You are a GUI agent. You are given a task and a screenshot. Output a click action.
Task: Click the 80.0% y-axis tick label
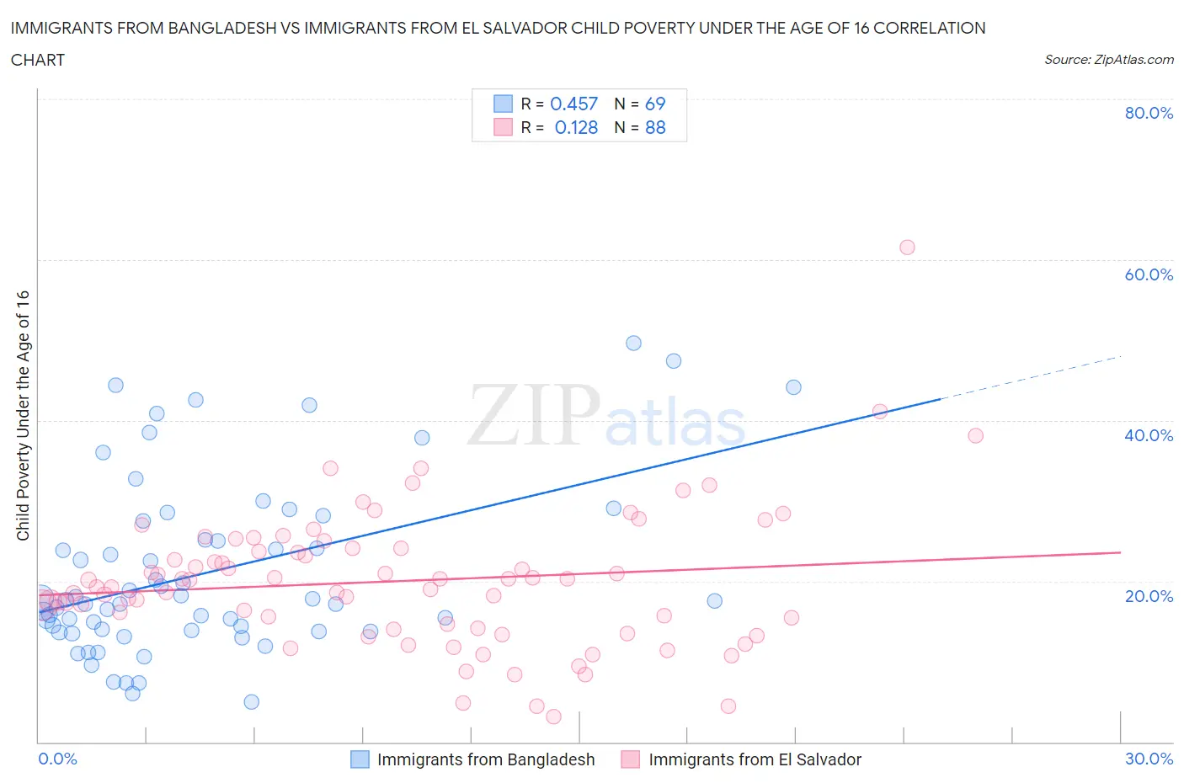[x=1148, y=113]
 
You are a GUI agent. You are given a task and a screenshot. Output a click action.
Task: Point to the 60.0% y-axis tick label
[x=1148, y=274]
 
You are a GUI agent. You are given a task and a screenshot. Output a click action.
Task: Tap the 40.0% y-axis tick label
[x=1148, y=435]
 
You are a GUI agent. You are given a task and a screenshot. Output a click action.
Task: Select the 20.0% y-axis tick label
[x=1148, y=596]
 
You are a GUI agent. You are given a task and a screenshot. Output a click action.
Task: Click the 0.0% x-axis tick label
[x=57, y=759]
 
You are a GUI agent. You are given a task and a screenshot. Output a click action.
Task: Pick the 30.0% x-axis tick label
[x=1149, y=759]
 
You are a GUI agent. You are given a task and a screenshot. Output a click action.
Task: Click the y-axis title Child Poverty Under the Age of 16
[x=24, y=415]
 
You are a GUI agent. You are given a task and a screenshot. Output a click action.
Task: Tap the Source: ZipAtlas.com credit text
[x=1108, y=59]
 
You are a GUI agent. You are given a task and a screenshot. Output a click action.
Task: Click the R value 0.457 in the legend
[x=573, y=104]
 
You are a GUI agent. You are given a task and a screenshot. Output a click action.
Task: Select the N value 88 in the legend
[x=655, y=127]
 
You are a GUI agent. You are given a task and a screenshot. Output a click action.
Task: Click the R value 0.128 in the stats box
[x=576, y=127]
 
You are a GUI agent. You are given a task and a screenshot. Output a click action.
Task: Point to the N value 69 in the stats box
[x=655, y=104]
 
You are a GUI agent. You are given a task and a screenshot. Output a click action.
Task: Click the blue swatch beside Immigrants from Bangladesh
[x=360, y=759]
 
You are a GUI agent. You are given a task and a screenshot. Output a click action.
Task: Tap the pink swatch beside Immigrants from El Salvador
[x=630, y=759]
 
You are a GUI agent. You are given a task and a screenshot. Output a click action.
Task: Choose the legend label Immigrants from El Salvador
[x=755, y=759]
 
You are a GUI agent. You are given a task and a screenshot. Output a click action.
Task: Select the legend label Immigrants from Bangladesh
[x=486, y=759]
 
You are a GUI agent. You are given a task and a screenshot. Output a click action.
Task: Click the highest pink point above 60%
[x=907, y=247]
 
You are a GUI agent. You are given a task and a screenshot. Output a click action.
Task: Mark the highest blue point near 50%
[x=633, y=343]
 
